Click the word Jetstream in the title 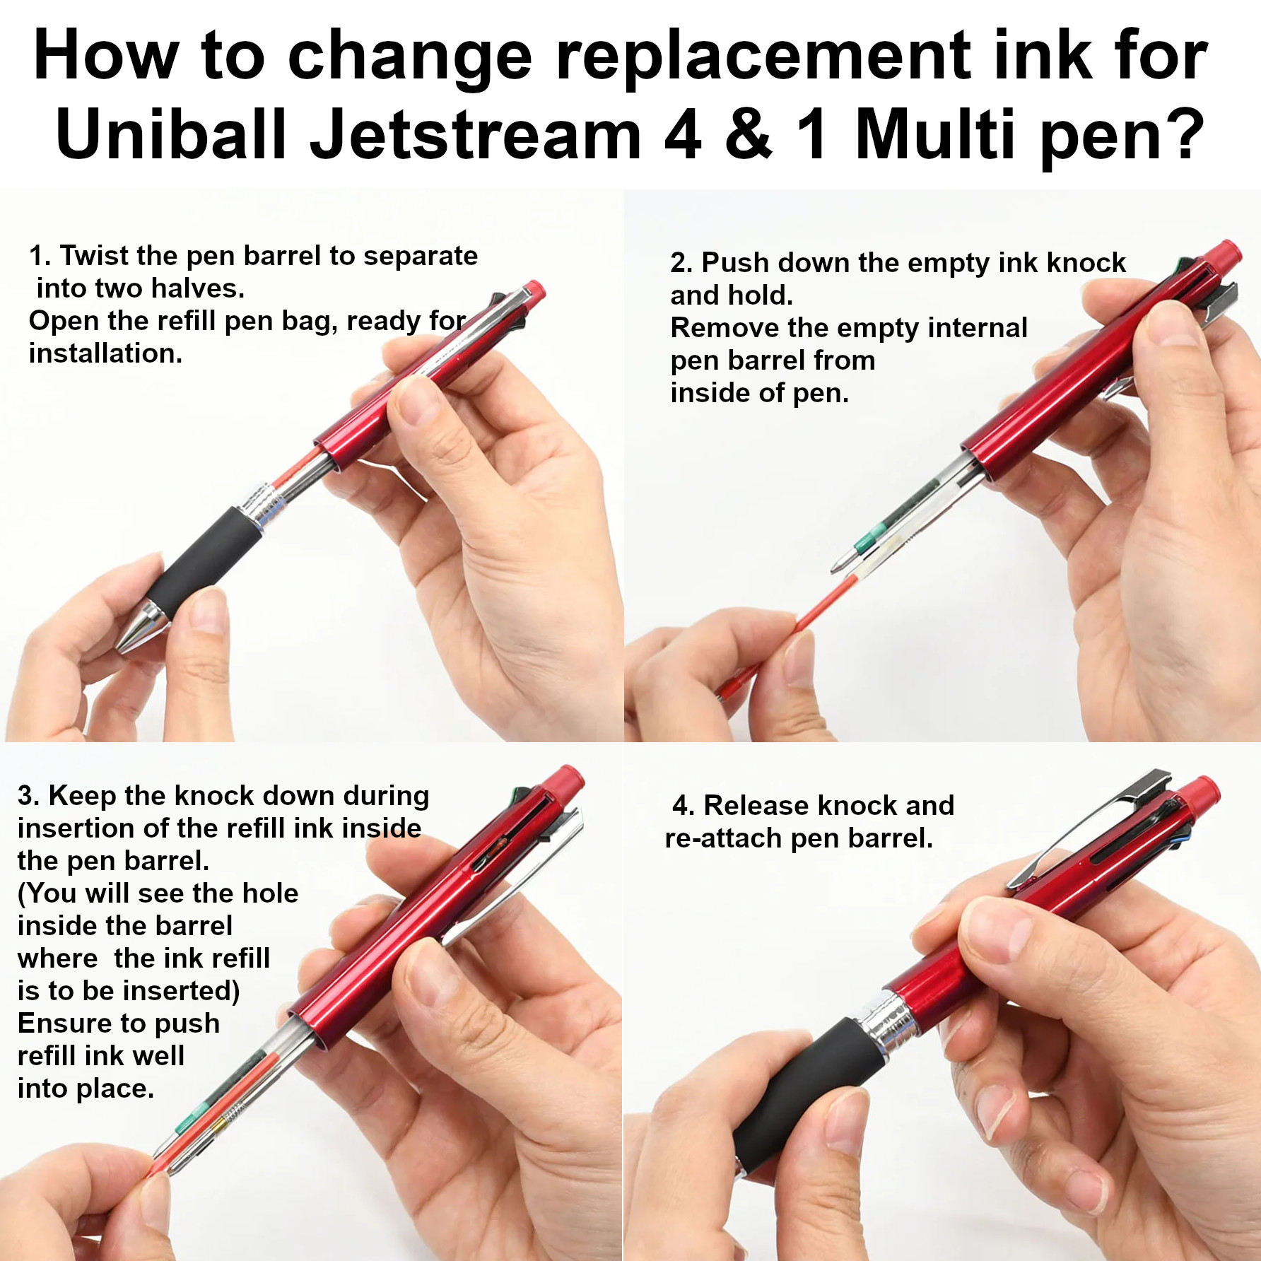475,135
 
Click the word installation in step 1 105,353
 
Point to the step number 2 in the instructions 680,263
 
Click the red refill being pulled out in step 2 791,635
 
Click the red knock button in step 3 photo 567,780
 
